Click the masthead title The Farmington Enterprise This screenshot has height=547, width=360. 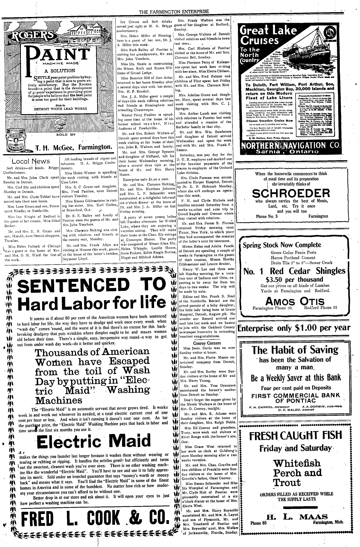coord(174,12)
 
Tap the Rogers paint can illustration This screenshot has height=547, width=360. coord(11,137)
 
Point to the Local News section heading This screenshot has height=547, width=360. coord(31,161)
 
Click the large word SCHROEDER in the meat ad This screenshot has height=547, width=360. coord(291,193)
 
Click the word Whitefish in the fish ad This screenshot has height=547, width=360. coord(297,463)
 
